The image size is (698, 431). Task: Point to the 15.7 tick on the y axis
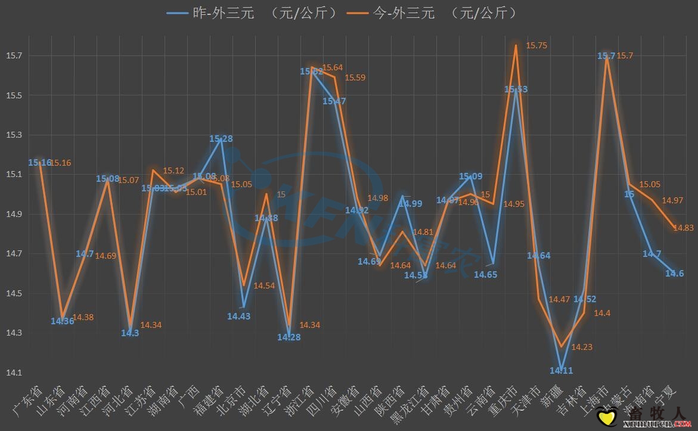tap(14, 56)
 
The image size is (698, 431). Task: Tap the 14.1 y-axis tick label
tap(14, 373)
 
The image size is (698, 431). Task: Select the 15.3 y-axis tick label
tap(14, 135)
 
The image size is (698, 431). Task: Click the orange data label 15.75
tap(536, 45)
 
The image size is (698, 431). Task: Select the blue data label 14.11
tap(561, 371)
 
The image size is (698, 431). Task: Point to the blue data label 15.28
tap(221, 138)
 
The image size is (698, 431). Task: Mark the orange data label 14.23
tap(582, 347)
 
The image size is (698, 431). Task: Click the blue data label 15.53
tap(516, 89)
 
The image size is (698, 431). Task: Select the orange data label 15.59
tap(355, 77)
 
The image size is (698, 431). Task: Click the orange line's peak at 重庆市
tap(516, 45)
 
